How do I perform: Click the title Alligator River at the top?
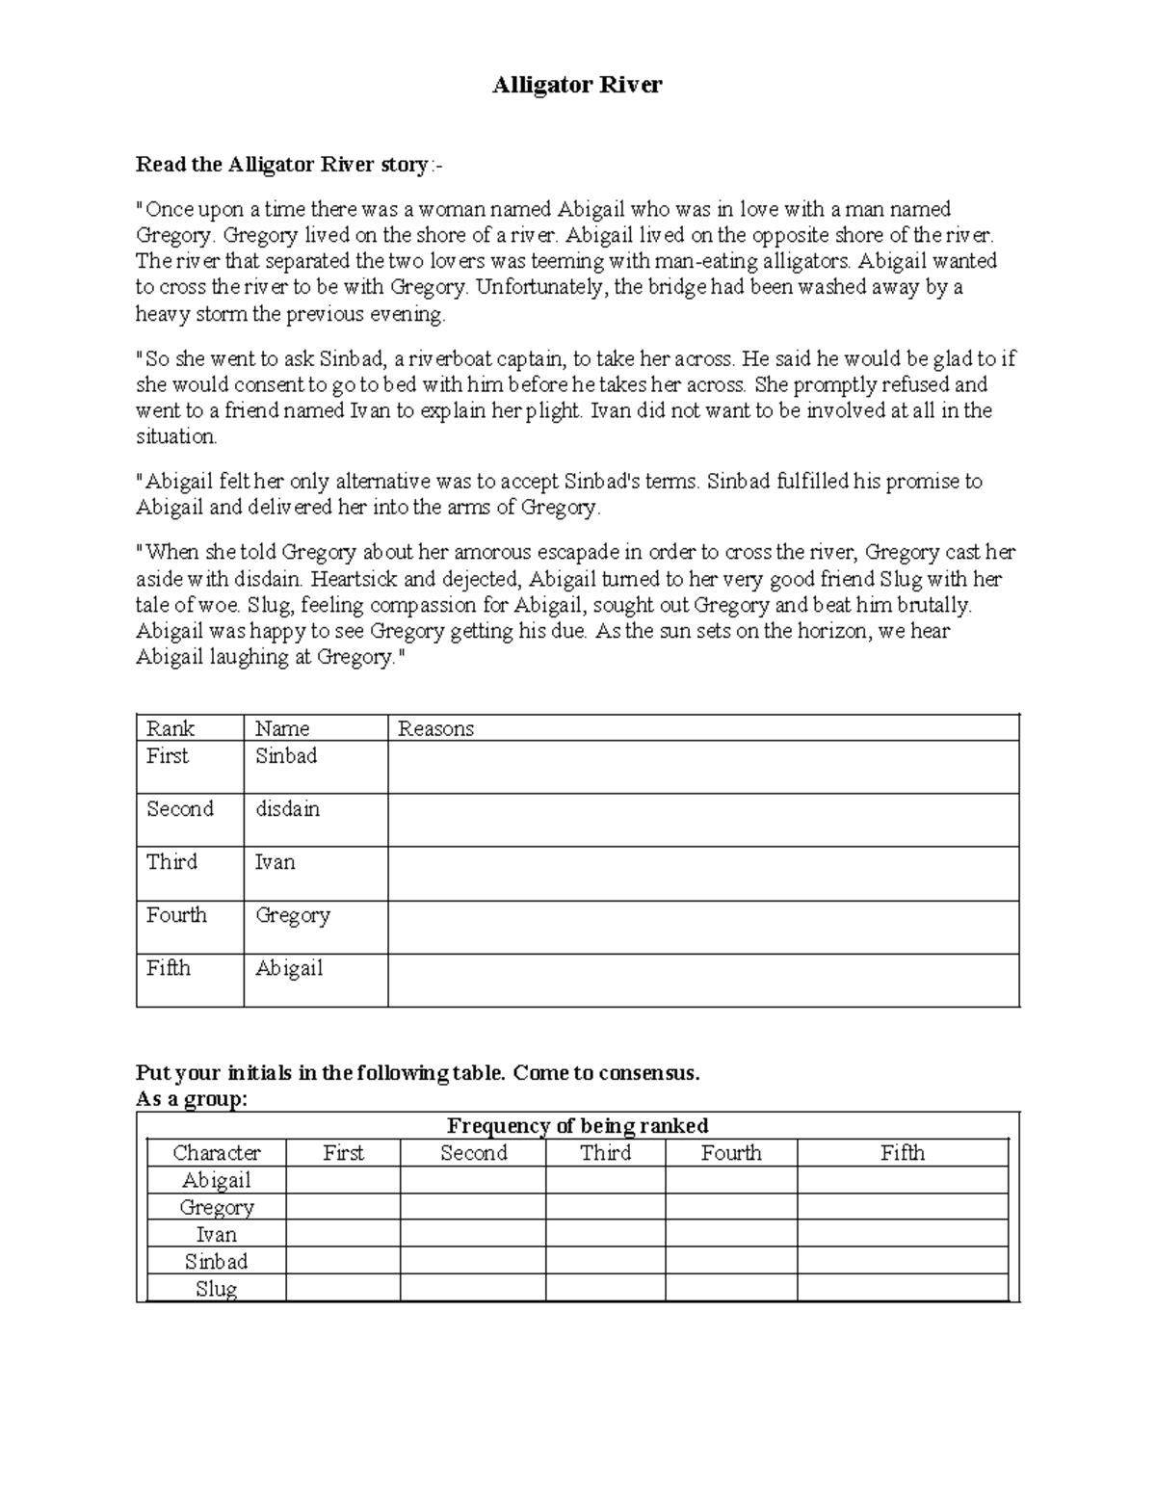click(577, 85)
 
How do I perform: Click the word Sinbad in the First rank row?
click(285, 756)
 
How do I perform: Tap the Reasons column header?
click(435, 728)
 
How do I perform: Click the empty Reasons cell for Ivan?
click(703, 874)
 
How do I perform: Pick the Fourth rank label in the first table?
click(176, 915)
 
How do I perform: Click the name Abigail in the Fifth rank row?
click(288, 968)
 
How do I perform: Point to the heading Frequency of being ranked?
click(578, 1125)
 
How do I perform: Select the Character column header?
click(217, 1153)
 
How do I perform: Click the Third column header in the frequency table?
click(605, 1153)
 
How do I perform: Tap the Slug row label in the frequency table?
click(217, 1288)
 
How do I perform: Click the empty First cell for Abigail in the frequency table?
click(343, 1180)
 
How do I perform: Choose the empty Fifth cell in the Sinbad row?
click(902, 1261)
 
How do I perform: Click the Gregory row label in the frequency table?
click(217, 1207)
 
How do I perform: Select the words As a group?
click(192, 1099)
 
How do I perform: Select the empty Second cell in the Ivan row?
click(473, 1234)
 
